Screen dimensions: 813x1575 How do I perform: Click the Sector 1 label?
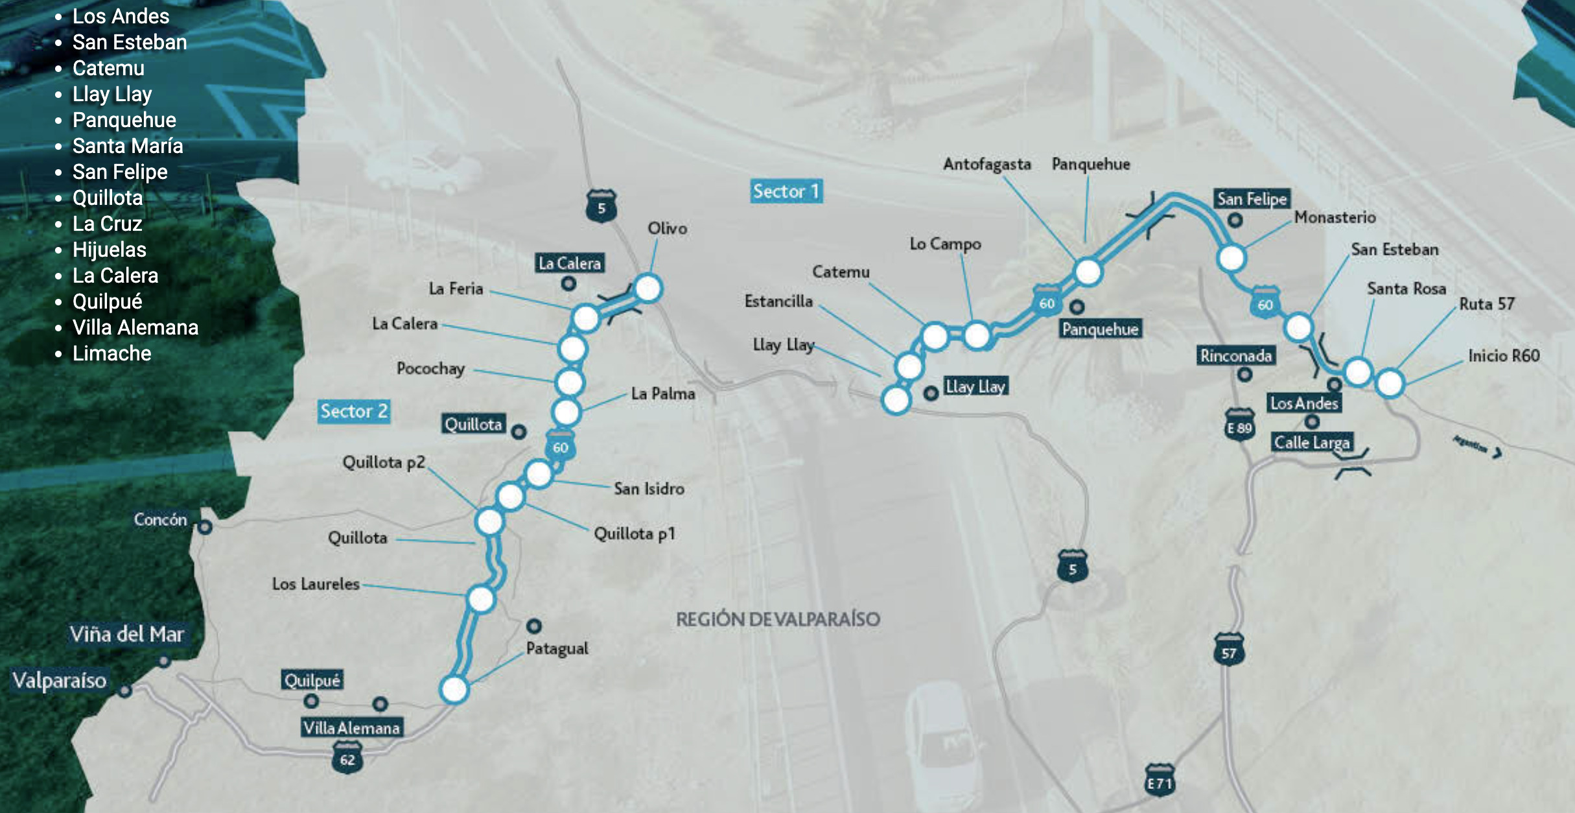coord(786,191)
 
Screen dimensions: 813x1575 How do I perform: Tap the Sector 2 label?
coord(354,411)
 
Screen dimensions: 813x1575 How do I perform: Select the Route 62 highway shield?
coord(347,759)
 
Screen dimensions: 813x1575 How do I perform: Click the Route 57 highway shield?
coord(1229,651)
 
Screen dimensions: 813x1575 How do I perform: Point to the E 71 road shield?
coord(1160,783)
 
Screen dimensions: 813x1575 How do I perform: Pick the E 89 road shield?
coord(1239,427)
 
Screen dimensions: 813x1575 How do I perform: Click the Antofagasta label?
coord(986,164)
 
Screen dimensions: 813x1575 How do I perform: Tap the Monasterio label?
coord(1335,217)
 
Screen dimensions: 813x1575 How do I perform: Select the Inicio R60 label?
coord(1504,355)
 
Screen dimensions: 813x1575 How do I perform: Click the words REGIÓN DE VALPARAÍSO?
coord(778,619)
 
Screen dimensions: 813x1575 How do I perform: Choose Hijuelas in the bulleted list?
coord(109,250)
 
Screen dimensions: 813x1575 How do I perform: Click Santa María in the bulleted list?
coord(127,146)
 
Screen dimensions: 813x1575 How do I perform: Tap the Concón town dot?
coord(205,527)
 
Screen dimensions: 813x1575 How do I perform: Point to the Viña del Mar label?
coord(127,634)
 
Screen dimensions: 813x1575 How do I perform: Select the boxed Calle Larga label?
coord(1312,443)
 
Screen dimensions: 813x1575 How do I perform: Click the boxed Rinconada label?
coord(1235,356)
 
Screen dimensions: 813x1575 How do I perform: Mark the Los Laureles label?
coord(316,583)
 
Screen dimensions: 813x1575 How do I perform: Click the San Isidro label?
coord(649,488)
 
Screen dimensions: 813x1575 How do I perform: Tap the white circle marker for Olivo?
coord(647,288)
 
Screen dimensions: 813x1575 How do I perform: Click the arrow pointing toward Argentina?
coord(1497,453)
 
